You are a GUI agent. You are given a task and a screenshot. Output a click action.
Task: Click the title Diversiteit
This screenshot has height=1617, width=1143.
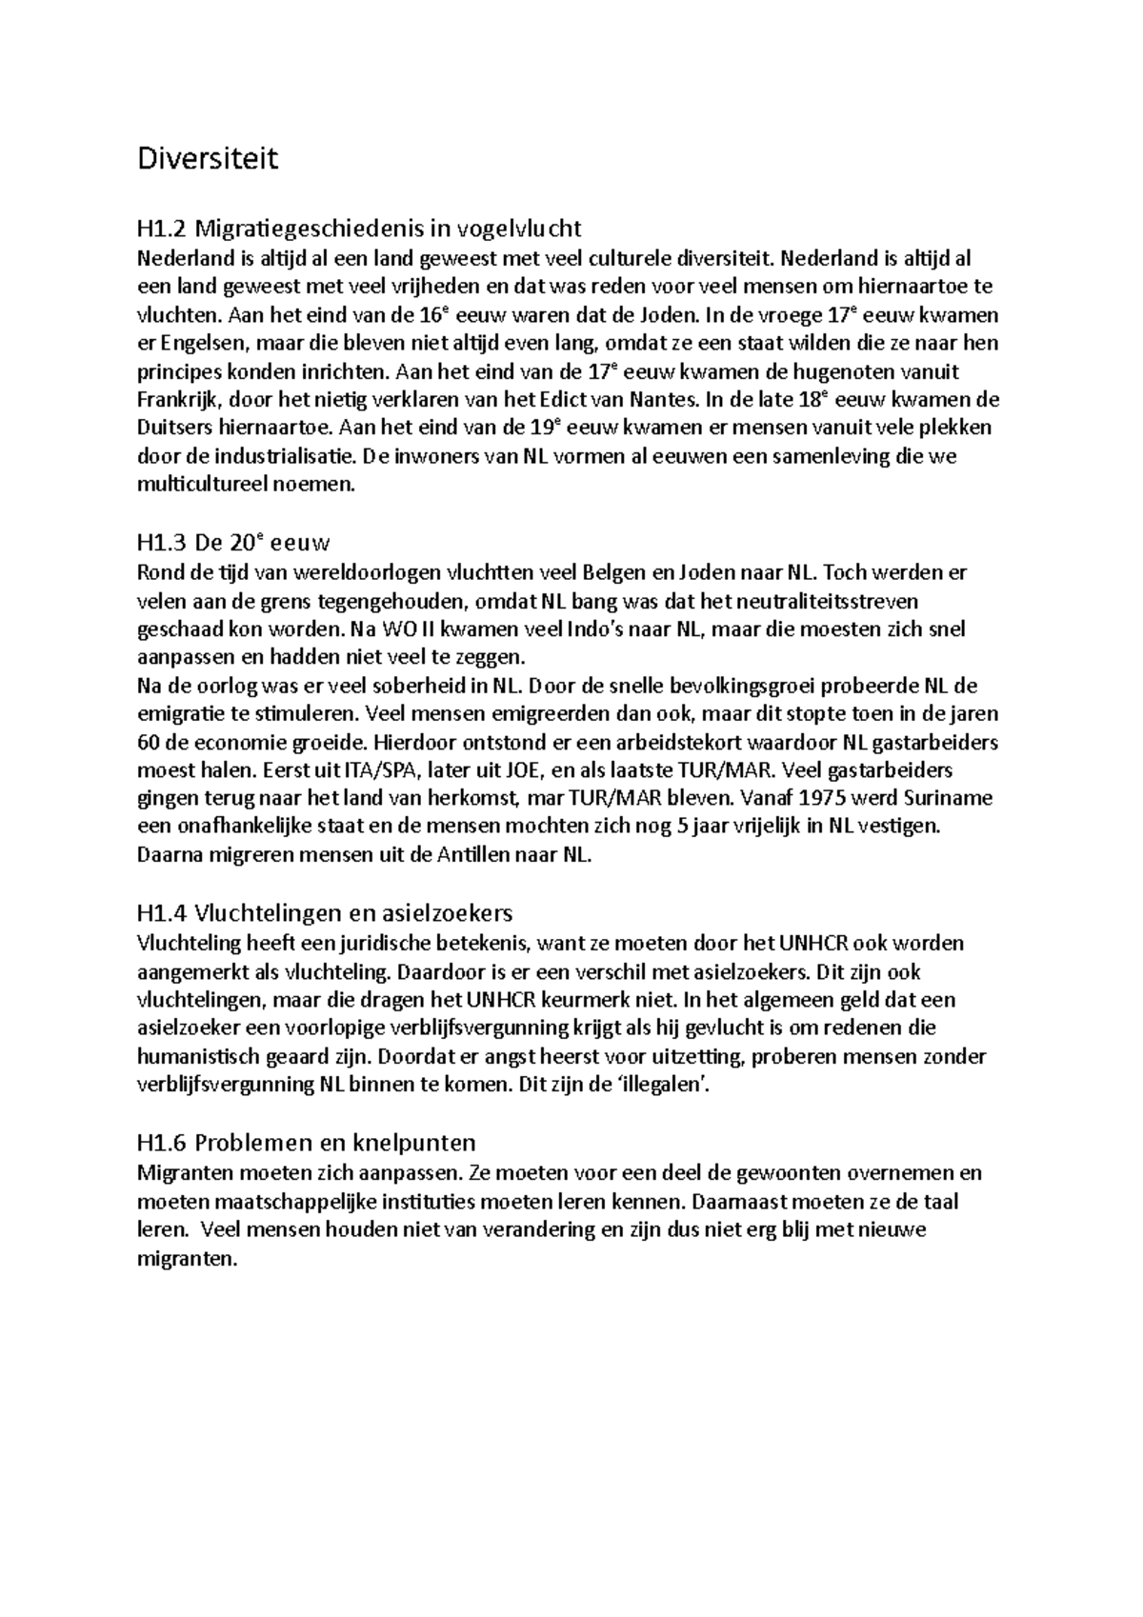(208, 158)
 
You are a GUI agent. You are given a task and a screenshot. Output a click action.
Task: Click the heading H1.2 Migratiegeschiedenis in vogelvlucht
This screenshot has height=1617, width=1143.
(358, 229)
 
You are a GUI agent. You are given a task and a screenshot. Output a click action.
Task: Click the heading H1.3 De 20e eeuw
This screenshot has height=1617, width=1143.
(233, 544)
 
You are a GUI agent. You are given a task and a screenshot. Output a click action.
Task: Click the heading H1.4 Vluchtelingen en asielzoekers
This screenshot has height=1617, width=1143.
(325, 913)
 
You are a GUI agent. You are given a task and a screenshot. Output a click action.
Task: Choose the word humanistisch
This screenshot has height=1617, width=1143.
(194, 1056)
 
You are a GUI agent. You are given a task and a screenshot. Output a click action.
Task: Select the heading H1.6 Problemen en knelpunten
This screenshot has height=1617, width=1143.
(306, 1143)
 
